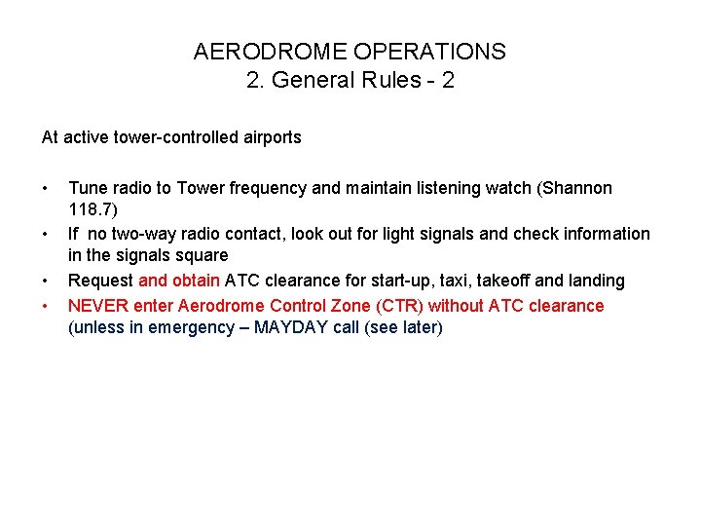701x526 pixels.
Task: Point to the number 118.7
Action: [91, 210]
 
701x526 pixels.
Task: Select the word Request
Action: [101, 281]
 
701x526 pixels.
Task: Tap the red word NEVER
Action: [93, 306]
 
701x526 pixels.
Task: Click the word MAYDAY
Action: [290, 328]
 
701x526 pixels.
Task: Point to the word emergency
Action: [189, 328]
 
